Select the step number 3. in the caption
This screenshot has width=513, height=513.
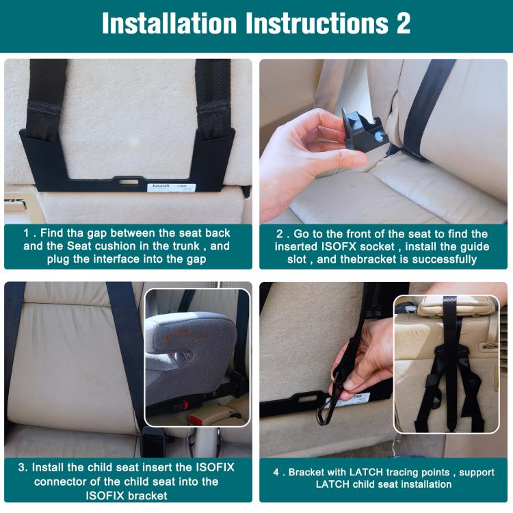(x=24, y=468)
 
